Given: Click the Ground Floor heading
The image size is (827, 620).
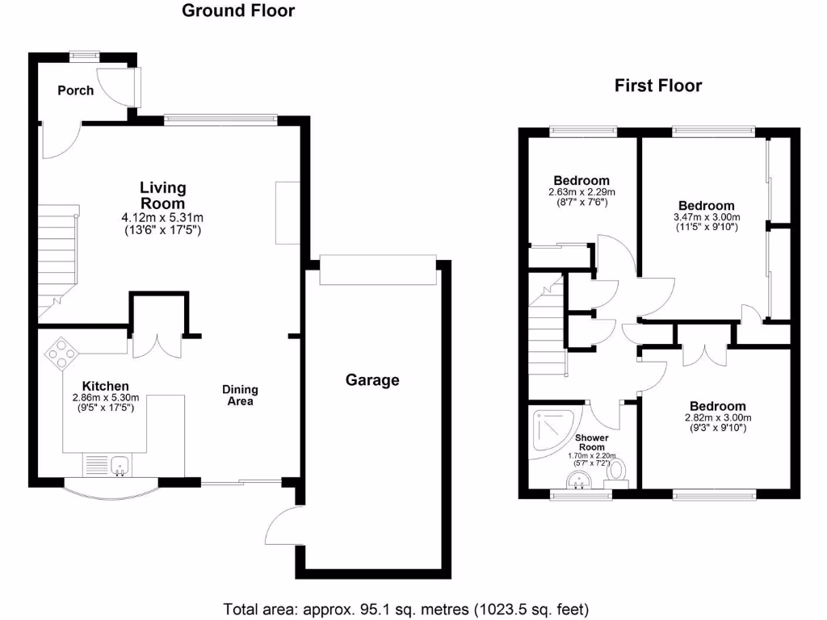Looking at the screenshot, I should click(x=238, y=10).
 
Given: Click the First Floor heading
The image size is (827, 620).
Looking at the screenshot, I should click(x=658, y=85).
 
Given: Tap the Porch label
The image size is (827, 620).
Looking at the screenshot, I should click(x=75, y=90).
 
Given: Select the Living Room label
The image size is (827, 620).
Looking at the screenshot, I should click(x=163, y=195).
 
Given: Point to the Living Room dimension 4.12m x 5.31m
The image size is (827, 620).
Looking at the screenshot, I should click(x=162, y=217).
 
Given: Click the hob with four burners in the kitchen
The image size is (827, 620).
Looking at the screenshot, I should click(x=62, y=353).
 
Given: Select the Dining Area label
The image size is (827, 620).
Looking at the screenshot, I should click(x=240, y=395).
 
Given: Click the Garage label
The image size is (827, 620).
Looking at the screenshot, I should click(x=372, y=379).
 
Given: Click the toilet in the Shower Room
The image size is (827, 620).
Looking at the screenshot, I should click(x=619, y=470).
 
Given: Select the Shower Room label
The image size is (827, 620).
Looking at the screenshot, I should click(x=591, y=442).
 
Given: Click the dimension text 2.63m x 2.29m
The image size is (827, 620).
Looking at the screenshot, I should click(x=581, y=192).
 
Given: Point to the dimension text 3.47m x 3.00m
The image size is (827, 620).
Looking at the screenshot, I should click(x=706, y=217).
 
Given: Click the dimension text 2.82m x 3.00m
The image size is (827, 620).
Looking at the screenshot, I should click(x=717, y=417).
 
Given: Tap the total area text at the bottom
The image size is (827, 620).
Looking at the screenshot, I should click(x=405, y=608).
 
